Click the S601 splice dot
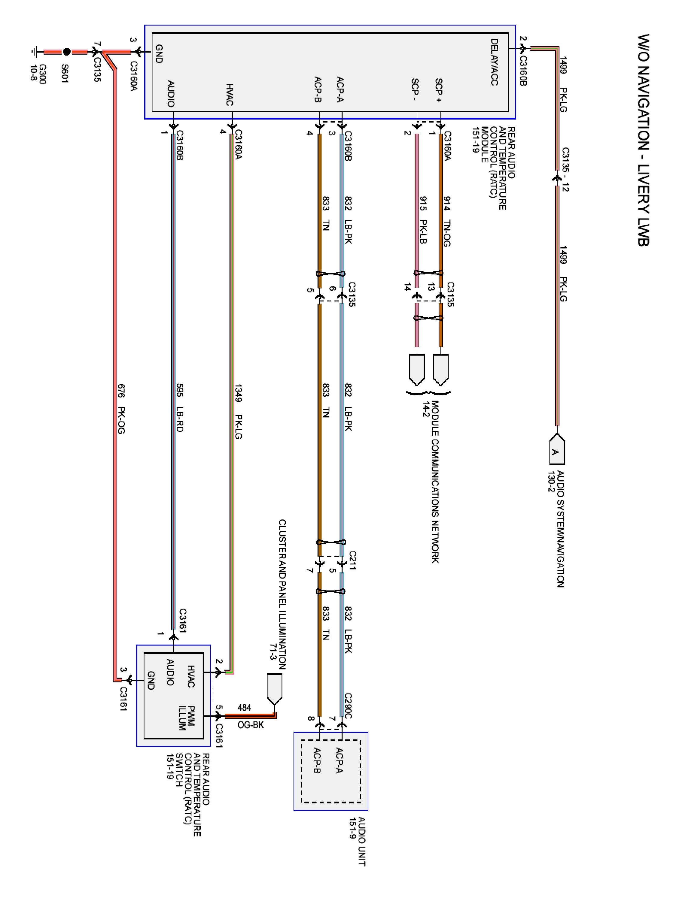tap(67, 52)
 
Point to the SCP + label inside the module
tap(438, 90)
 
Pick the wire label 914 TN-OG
tap(446, 221)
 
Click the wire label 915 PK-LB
tap(423, 220)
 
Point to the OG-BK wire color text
tap(251, 725)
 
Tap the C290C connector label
tap(348, 706)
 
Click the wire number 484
tap(244, 708)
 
